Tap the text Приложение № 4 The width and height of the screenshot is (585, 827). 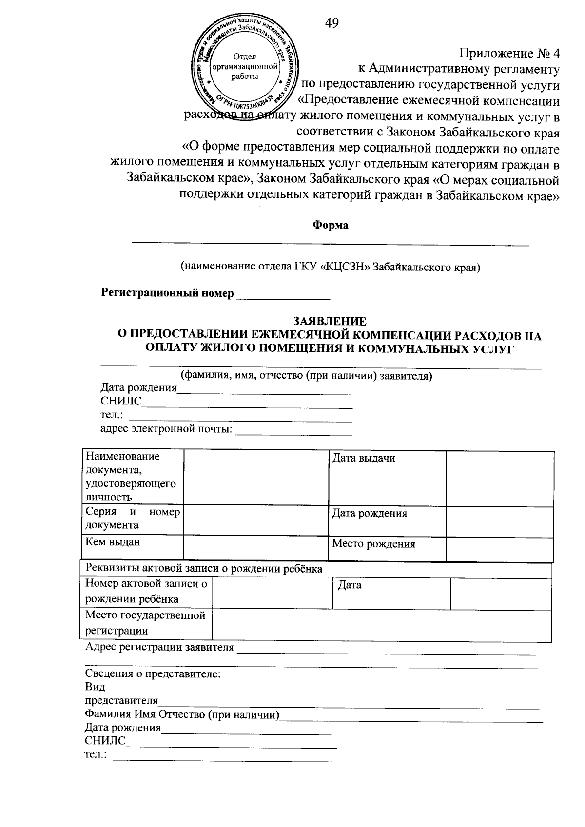(509, 54)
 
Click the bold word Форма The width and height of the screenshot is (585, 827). (330, 225)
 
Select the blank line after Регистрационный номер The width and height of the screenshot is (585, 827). (283, 295)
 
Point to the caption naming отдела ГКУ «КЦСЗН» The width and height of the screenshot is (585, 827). (330, 267)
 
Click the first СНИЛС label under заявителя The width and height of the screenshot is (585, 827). (120, 401)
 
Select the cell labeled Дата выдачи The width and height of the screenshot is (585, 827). (363, 458)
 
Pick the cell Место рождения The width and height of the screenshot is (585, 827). (373, 544)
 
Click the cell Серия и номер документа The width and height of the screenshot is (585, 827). (133, 518)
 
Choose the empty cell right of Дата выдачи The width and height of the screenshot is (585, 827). (500, 478)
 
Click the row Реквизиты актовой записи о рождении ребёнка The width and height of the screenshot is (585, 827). (204, 569)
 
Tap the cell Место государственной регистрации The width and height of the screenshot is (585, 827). (145, 622)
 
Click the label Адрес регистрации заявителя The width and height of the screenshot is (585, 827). (159, 647)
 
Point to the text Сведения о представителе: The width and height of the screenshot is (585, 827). (153, 674)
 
